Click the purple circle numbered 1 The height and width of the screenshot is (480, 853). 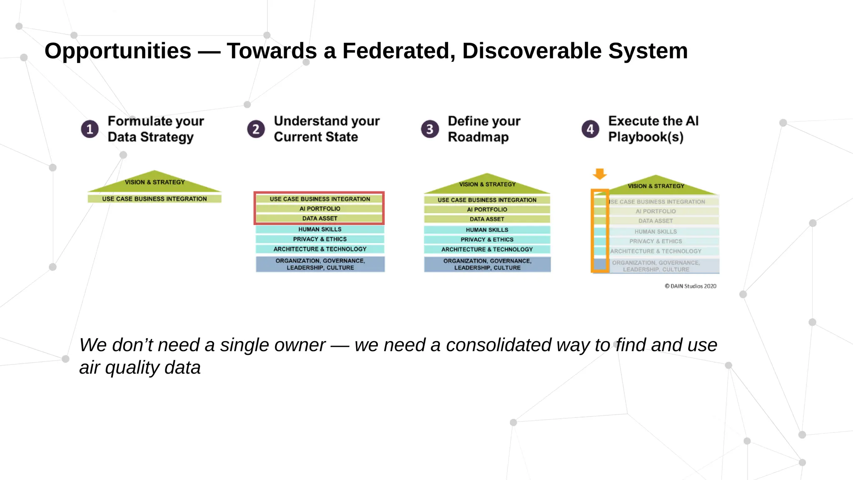(90, 129)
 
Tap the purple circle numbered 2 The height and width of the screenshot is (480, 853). (256, 129)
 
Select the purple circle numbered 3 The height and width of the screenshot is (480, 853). (430, 129)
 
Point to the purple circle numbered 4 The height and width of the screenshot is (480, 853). (590, 129)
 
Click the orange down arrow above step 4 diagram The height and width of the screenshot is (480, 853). (600, 173)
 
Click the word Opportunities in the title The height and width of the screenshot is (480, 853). (118, 51)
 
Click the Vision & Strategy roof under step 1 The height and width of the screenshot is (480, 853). (155, 182)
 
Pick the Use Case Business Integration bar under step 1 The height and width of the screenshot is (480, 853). (155, 199)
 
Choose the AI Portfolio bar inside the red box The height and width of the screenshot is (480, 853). (319, 209)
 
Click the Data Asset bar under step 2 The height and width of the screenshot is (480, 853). (319, 219)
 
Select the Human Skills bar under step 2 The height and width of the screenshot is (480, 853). (319, 229)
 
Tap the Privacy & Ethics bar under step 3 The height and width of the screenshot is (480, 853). (487, 240)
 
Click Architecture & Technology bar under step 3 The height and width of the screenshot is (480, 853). (487, 249)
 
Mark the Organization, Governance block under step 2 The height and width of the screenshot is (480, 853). (320, 264)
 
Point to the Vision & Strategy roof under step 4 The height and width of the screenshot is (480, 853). (656, 186)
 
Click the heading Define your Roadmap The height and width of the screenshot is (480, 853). (484, 129)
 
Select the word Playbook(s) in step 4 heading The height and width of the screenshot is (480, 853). (646, 137)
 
